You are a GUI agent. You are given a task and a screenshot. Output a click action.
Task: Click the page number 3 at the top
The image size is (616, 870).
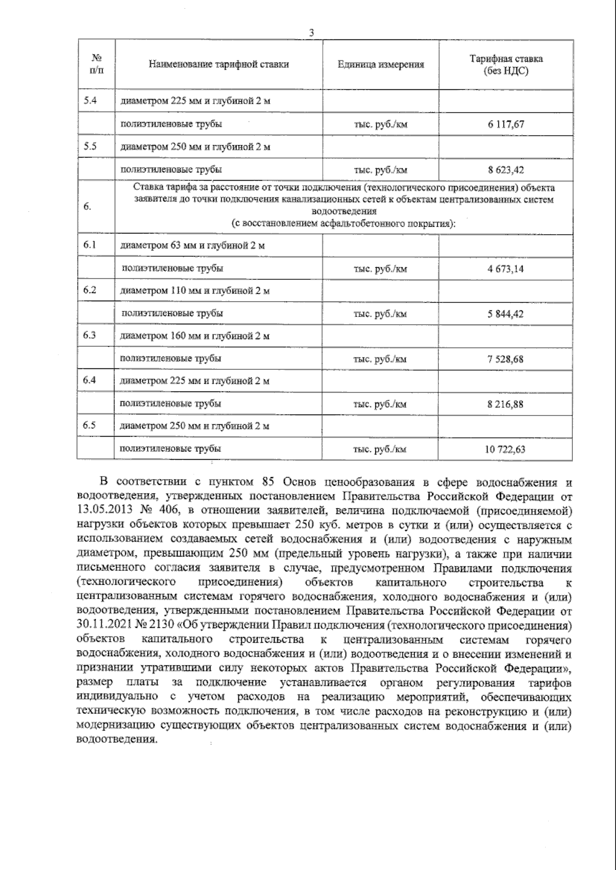(311, 33)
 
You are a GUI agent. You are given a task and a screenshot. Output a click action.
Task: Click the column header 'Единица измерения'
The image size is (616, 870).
(380, 65)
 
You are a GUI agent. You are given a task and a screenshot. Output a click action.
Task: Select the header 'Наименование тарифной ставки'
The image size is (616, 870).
(219, 65)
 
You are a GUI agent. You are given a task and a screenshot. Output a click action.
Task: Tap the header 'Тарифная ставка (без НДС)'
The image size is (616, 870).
(506, 65)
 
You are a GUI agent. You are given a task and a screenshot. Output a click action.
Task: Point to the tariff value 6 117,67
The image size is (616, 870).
(506, 125)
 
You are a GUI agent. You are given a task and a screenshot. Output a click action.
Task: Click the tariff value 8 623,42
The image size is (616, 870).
(506, 170)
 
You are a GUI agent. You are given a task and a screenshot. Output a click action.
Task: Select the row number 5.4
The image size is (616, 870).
(90, 101)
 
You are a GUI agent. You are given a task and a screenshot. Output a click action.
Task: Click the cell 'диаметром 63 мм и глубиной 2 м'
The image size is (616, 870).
(192, 246)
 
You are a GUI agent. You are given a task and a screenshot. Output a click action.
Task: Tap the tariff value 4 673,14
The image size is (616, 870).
(506, 269)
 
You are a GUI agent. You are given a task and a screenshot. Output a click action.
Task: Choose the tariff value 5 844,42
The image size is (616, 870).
(506, 314)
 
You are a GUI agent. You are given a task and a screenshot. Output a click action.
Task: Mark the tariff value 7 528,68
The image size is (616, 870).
(506, 359)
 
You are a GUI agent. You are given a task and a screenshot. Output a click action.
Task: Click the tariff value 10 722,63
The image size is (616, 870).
(505, 449)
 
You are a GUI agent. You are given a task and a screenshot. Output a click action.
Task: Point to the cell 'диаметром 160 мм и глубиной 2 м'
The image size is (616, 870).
(195, 336)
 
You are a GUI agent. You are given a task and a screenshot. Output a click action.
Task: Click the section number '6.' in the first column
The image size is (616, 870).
(87, 207)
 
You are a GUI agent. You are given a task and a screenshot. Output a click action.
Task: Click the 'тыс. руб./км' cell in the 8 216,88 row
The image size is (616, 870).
(380, 404)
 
